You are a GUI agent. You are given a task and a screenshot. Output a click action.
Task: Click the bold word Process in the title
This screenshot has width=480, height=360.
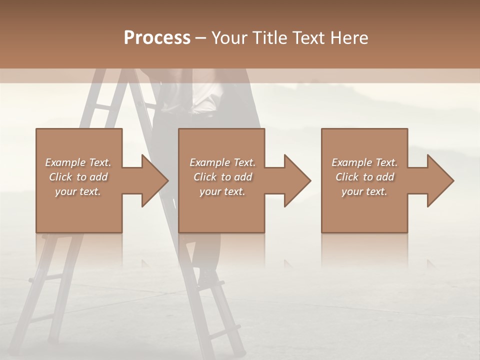(157, 38)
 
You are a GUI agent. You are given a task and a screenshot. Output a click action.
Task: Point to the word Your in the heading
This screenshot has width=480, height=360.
(229, 38)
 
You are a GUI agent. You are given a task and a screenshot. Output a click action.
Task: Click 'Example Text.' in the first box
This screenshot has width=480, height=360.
(78, 162)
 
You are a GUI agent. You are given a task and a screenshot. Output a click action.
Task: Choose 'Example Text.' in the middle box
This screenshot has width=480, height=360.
(222, 162)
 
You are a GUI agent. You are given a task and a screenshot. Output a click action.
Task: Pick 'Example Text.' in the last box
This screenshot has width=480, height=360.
(364, 162)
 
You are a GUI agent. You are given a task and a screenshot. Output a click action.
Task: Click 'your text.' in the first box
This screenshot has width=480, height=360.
(78, 191)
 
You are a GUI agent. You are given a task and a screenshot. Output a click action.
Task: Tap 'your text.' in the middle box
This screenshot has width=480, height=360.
(222, 191)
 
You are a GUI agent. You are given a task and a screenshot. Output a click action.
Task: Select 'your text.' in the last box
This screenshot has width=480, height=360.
(364, 191)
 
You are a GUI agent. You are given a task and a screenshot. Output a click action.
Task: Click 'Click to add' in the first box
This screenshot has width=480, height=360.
(78, 177)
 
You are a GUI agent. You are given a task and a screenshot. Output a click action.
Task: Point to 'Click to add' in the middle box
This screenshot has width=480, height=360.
(222, 177)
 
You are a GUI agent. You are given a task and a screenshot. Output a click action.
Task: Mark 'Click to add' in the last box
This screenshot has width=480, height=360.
(364, 177)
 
